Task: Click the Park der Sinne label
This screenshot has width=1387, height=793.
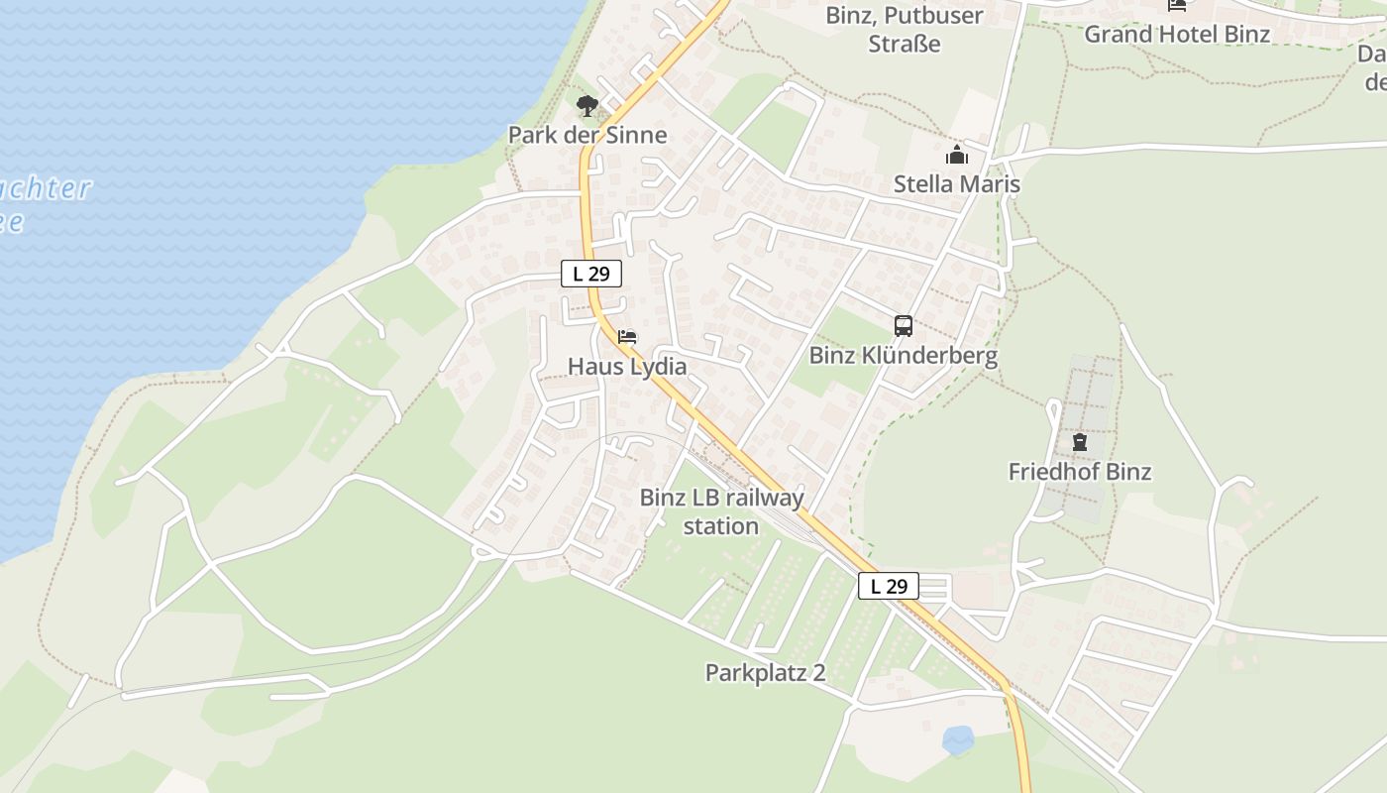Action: click(x=587, y=135)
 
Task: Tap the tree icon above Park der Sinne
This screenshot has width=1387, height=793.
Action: click(x=587, y=105)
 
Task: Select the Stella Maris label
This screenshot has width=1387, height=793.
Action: click(x=956, y=184)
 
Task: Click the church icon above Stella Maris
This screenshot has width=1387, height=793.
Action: click(x=956, y=155)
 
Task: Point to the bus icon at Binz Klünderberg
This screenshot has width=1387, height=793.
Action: click(x=903, y=325)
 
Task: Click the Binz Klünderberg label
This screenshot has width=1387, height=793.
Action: click(x=903, y=355)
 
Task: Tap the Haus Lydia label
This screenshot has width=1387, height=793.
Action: click(x=626, y=367)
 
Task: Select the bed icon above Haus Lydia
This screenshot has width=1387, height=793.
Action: click(x=626, y=337)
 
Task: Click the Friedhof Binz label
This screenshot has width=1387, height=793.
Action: click(x=1079, y=472)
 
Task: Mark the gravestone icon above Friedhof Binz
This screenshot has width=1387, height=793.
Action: click(x=1079, y=442)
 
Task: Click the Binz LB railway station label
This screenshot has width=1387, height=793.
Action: click(x=721, y=511)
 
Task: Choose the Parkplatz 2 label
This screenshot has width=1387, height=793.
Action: click(x=765, y=672)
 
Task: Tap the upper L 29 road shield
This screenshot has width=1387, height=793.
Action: click(x=591, y=274)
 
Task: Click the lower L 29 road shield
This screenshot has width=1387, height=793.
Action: click(x=888, y=586)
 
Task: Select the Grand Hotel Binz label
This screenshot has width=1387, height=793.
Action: click(x=1176, y=34)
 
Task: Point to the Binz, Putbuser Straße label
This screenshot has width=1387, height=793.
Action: click(x=904, y=30)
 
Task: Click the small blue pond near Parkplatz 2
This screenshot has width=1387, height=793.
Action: click(x=957, y=738)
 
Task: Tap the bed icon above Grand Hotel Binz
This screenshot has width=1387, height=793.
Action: click(x=1176, y=5)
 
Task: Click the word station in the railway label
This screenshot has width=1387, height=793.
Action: click(x=721, y=526)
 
